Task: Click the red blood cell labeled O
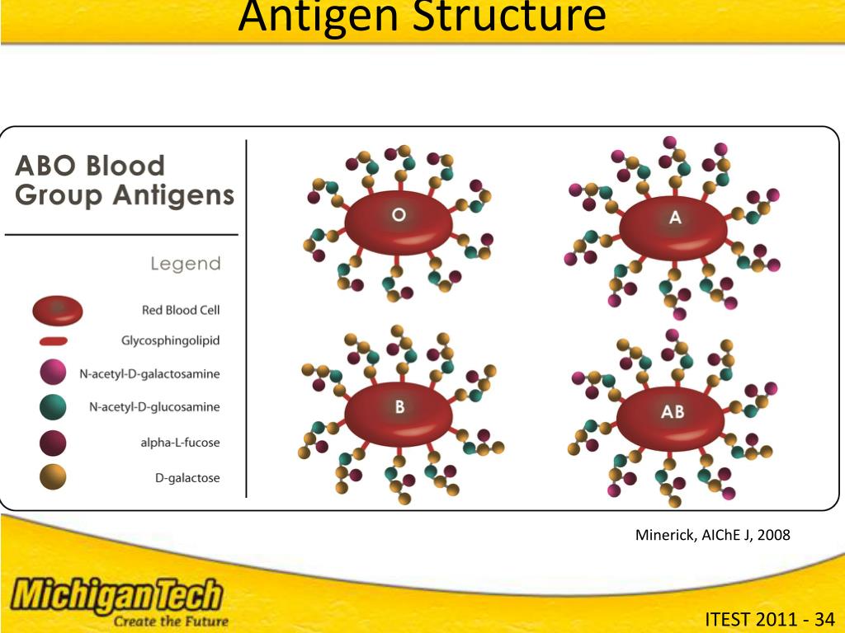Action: click(x=399, y=220)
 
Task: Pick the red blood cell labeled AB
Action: click(x=673, y=414)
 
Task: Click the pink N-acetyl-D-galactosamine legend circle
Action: click(x=54, y=373)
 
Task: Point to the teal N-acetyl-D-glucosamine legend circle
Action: click(x=54, y=407)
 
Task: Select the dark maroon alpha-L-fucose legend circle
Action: click(x=54, y=443)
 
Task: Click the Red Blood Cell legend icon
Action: click(x=58, y=311)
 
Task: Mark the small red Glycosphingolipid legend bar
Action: click(x=53, y=340)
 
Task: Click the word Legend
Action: click(x=186, y=264)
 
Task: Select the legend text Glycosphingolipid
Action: click(x=171, y=340)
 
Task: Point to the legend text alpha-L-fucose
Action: click(x=180, y=443)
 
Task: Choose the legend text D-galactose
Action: click(x=187, y=478)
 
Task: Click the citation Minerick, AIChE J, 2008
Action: click(x=712, y=535)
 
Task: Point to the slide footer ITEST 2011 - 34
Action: click(x=770, y=619)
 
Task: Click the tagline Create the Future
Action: click(x=170, y=621)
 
